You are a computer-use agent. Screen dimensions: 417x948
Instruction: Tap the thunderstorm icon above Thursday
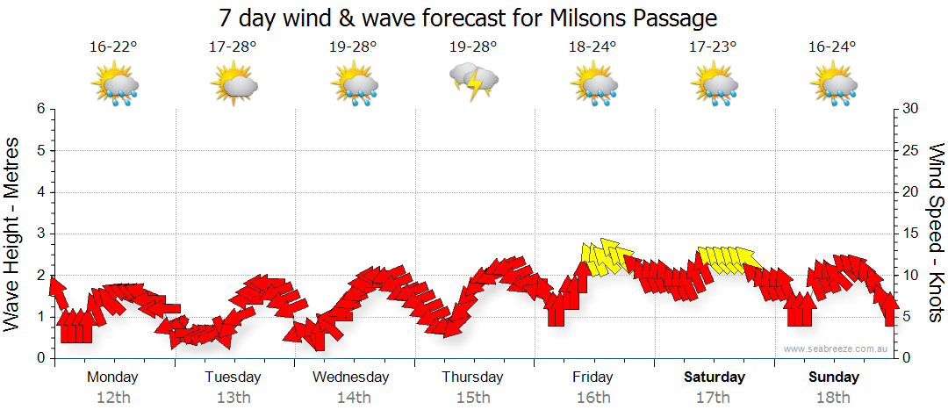click(474, 83)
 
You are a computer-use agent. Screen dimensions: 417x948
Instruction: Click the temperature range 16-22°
click(113, 47)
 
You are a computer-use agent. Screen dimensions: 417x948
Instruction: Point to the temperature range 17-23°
click(713, 47)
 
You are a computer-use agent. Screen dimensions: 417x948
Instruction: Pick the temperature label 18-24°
click(593, 47)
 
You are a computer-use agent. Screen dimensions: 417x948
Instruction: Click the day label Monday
click(112, 377)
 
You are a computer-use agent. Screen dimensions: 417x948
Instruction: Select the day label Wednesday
click(351, 377)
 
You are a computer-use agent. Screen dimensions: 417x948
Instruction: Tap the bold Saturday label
click(714, 377)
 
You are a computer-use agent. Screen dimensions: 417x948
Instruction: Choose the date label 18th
click(834, 397)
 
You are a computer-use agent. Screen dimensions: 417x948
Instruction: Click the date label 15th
click(473, 397)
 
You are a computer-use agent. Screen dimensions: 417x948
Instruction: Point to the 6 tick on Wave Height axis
click(40, 109)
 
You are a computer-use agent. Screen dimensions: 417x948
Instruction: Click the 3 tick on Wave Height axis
click(40, 234)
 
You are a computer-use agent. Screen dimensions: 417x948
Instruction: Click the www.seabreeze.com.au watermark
click(836, 349)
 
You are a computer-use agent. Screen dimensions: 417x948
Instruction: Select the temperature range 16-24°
click(833, 47)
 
